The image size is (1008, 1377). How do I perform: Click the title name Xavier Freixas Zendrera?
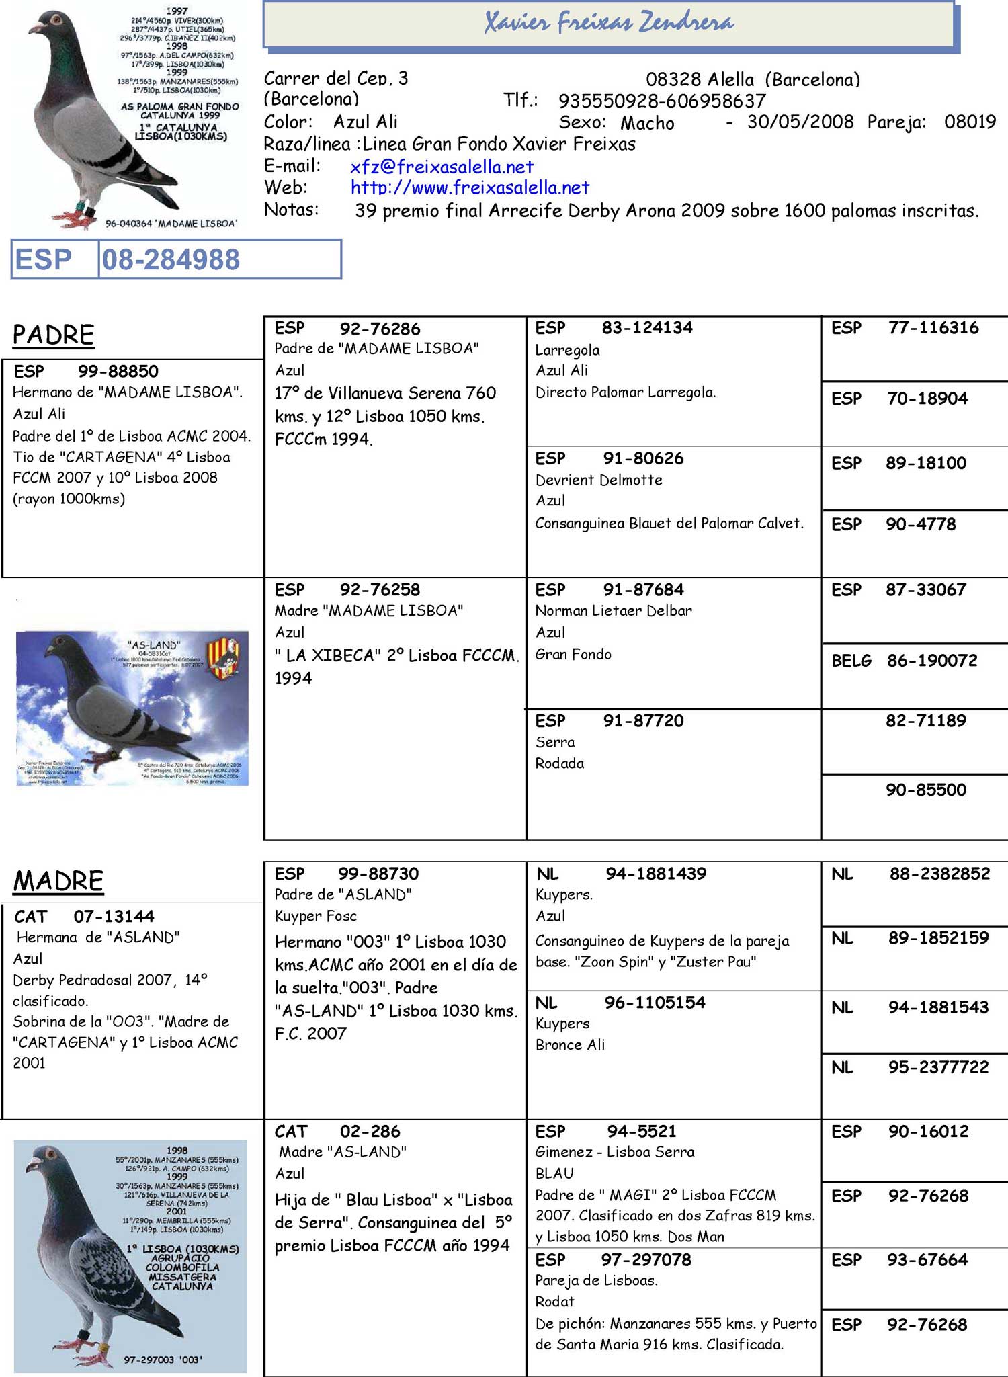[x=609, y=24]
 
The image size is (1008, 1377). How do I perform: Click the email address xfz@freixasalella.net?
[x=442, y=167]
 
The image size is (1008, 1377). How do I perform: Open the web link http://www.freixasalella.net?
[x=470, y=187]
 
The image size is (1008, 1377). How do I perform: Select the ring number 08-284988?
[x=171, y=260]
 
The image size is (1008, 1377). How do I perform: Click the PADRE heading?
[x=54, y=335]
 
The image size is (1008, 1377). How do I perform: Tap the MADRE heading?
[x=58, y=881]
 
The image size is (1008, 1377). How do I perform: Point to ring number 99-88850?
[x=118, y=371]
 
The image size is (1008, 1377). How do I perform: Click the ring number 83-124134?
[x=646, y=328]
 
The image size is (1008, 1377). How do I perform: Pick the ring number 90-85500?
[x=925, y=790]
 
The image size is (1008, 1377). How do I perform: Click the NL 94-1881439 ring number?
[x=655, y=874]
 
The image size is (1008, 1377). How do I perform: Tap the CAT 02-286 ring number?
[x=370, y=1131]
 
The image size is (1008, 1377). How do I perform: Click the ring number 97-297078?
[x=646, y=1259]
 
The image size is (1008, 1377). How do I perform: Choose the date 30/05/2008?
[x=800, y=122]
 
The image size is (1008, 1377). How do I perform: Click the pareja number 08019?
[x=970, y=122]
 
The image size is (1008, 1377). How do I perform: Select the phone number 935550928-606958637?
[x=662, y=101]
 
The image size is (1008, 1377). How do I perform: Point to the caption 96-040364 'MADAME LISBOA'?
[x=171, y=224]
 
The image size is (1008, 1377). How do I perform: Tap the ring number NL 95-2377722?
[x=938, y=1067]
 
